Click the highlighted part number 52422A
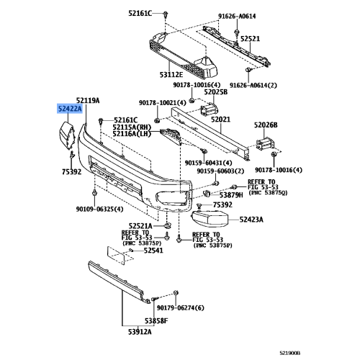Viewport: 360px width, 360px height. click(71, 109)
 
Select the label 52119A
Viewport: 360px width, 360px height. click(89, 100)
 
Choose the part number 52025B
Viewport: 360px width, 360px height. click(215, 92)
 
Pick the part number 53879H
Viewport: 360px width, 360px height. click(231, 195)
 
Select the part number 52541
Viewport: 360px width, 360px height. click(153, 251)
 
